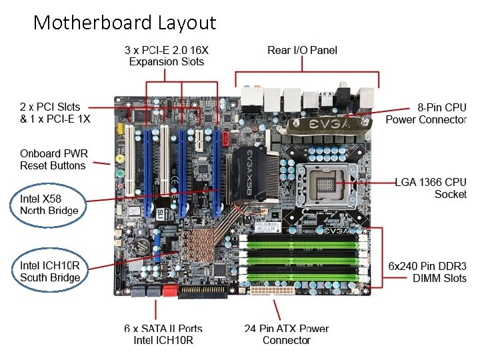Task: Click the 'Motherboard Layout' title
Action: coord(125,23)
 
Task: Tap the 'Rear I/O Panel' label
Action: coord(302,50)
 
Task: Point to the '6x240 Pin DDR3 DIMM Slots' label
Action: coord(427,271)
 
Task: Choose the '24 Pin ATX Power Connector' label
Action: coord(286,334)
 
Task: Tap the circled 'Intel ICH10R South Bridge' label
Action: coord(50,271)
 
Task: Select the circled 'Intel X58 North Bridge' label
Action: coord(49,205)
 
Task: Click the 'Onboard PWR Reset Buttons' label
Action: coord(53,159)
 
